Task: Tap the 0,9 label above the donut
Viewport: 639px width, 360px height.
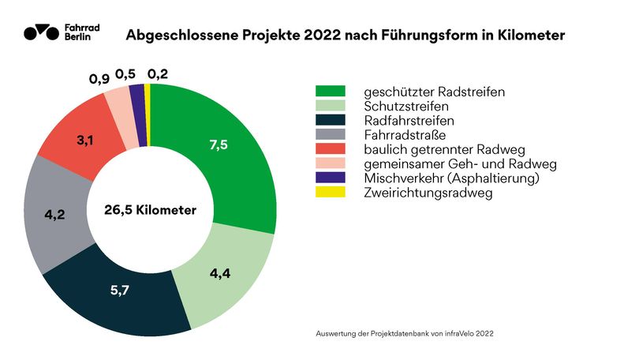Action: point(99,79)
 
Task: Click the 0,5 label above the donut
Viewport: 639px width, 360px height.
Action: point(125,74)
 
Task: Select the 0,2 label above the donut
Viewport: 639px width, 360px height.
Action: point(157,75)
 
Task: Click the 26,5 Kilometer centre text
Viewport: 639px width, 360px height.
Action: point(150,210)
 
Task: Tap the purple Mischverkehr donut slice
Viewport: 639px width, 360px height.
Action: point(136,94)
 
